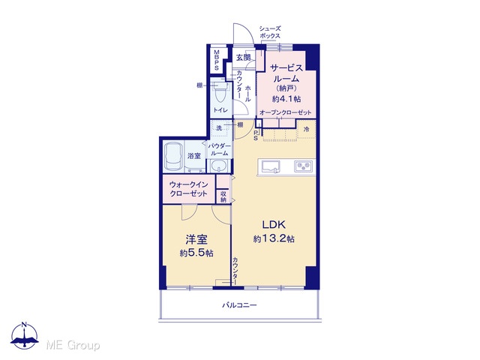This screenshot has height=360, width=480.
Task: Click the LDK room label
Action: [x=274, y=225]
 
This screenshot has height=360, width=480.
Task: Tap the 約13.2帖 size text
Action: [x=274, y=238]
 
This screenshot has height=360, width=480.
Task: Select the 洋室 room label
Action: [x=196, y=239]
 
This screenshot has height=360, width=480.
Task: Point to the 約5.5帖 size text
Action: [x=196, y=253]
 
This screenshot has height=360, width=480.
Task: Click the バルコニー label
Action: [x=239, y=305]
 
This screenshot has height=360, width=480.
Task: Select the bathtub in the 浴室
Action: [x=173, y=157]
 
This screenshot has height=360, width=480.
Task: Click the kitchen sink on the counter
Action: [x=271, y=167]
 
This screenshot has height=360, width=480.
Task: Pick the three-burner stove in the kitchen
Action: [x=303, y=166]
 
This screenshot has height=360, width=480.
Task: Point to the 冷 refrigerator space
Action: [x=306, y=129]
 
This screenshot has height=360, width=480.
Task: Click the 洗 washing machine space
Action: [x=219, y=128]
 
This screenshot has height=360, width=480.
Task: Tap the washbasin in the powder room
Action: [x=219, y=166]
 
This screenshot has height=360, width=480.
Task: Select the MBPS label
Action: [x=217, y=60]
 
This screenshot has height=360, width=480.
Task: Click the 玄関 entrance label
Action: [x=243, y=58]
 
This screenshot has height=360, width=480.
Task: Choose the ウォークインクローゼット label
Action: [x=188, y=189]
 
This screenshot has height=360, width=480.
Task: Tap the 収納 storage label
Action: [x=223, y=196]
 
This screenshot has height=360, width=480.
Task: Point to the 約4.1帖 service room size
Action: [x=286, y=99]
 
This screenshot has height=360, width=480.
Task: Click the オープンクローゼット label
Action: [x=285, y=112]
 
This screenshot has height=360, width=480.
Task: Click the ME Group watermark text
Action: [x=73, y=345]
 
